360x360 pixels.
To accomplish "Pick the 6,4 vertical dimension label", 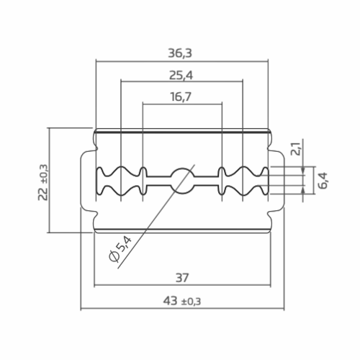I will pyautogui.click(x=323, y=181).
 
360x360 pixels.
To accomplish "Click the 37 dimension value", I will pyautogui.click(x=183, y=276).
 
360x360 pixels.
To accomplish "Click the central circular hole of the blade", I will pyautogui.click(x=183, y=180).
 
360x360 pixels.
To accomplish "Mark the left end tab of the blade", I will pyautogui.click(x=86, y=181).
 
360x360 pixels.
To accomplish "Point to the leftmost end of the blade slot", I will pyautogui.click(x=98, y=181).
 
